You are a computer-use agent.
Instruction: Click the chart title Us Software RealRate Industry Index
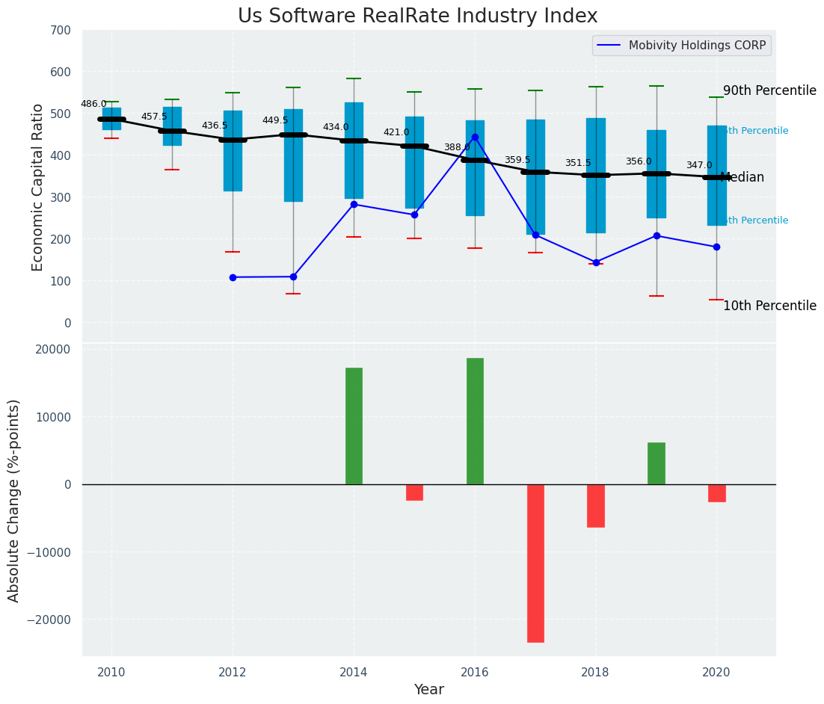click(x=417, y=16)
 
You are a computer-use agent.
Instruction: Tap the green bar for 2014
click(x=354, y=426)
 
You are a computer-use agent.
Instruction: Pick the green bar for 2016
click(x=475, y=422)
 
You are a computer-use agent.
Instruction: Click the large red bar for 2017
click(x=535, y=563)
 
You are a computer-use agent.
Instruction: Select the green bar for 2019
click(x=657, y=463)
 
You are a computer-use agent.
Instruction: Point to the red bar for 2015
click(x=414, y=493)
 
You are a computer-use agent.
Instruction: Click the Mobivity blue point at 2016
click(x=475, y=138)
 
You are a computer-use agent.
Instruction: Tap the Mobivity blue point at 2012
click(x=233, y=277)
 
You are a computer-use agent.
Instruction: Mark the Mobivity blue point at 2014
click(x=354, y=204)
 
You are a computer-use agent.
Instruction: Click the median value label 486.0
click(x=93, y=105)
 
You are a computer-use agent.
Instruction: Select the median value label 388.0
click(x=457, y=148)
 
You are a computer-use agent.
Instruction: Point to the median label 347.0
click(x=699, y=166)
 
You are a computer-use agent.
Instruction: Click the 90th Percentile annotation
click(x=769, y=90)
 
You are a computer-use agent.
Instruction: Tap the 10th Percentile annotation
click(x=769, y=306)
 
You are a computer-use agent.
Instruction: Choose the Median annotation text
click(x=742, y=178)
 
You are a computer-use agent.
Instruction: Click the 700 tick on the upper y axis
click(x=61, y=31)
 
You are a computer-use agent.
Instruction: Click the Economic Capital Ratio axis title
click(x=38, y=187)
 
